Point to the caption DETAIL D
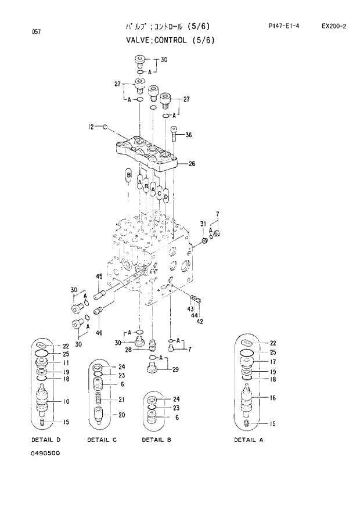click(46, 440)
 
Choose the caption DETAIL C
click(102, 440)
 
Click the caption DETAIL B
click(156, 440)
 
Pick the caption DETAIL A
click(249, 440)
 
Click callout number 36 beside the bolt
click(188, 135)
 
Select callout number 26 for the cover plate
click(192, 164)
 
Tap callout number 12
click(91, 126)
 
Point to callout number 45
click(99, 276)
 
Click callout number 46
click(99, 333)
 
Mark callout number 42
click(200, 321)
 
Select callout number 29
click(175, 370)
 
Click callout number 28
click(128, 350)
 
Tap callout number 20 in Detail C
click(122, 415)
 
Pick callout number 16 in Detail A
click(272, 398)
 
